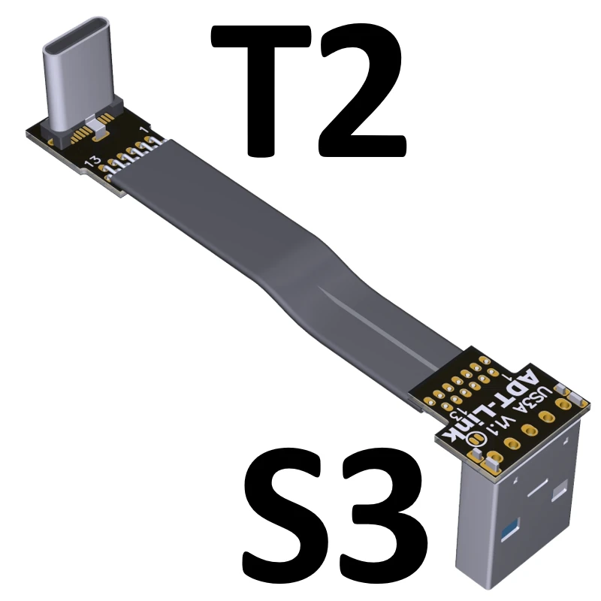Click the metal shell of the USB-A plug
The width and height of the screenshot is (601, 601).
coord(526,541)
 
